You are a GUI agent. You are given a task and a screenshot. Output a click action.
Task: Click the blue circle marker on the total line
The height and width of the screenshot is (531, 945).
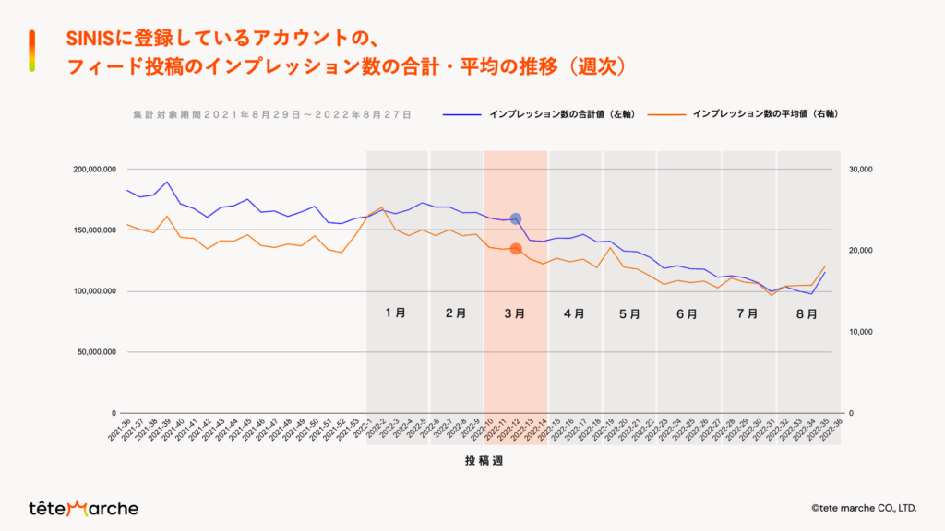click(516, 219)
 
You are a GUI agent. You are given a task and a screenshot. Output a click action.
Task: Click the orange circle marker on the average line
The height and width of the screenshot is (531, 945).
click(516, 249)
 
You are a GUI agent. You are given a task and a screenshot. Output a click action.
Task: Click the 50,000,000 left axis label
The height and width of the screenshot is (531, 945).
click(96, 352)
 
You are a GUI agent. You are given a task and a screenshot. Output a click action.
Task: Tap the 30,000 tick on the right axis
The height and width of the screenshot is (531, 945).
click(859, 170)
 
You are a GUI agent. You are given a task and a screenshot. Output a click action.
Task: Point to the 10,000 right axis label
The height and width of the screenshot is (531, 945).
click(859, 332)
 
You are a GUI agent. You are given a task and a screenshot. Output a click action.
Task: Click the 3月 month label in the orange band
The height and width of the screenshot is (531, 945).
click(515, 313)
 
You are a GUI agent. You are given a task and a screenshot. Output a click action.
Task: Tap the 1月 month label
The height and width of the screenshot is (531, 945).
click(396, 313)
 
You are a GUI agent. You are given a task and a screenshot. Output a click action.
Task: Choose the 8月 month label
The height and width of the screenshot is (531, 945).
click(807, 313)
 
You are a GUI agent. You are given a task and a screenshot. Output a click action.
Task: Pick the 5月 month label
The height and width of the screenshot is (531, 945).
click(630, 313)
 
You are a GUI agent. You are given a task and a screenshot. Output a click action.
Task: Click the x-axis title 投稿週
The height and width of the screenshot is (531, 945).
click(483, 464)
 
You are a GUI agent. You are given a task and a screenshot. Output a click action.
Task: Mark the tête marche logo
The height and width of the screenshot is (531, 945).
click(83, 508)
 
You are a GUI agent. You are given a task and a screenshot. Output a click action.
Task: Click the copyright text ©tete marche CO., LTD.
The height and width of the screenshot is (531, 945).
click(863, 508)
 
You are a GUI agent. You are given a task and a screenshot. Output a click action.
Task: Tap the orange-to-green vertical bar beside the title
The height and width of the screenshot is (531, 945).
click(32, 51)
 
